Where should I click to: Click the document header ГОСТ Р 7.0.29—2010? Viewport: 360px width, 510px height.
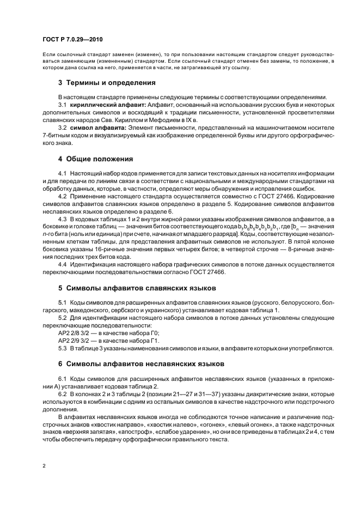(72, 40)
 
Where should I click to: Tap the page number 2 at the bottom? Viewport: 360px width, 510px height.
(44, 466)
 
